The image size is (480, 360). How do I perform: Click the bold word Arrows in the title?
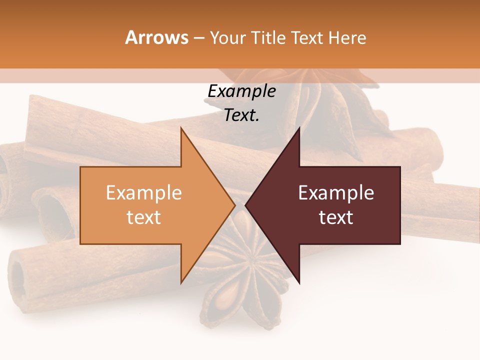(x=156, y=37)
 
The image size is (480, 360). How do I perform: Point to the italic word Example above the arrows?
(x=241, y=91)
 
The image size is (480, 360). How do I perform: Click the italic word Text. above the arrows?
(x=241, y=115)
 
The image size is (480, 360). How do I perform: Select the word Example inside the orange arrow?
(x=143, y=193)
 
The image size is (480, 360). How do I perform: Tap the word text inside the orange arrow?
(x=143, y=217)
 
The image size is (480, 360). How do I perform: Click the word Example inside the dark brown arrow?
(x=336, y=193)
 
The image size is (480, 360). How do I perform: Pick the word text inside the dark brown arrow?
(x=336, y=217)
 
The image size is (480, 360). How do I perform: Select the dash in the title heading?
(x=199, y=38)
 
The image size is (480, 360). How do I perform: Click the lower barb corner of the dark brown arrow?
(x=299, y=282)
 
